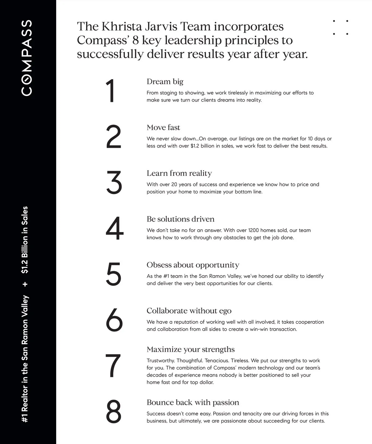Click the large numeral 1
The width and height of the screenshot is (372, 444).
pyautogui.click(x=111, y=90)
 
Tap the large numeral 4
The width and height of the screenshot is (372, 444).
pyautogui.click(x=114, y=228)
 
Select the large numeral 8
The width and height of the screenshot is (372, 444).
pyautogui.click(x=114, y=411)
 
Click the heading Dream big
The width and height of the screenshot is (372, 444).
pyautogui.click(x=165, y=81)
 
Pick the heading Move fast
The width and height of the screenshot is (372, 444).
pyautogui.click(x=163, y=127)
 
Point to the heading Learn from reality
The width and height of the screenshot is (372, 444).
pyautogui.click(x=179, y=173)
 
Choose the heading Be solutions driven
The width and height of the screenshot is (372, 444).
pyautogui.click(x=180, y=219)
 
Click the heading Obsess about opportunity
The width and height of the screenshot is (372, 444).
pyautogui.click(x=193, y=265)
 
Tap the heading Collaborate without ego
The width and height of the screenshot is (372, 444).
pyautogui.click(x=189, y=311)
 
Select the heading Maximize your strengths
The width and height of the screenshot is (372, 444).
pyautogui.click(x=190, y=349)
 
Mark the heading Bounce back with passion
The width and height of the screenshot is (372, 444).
pyautogui.click(x=193, y=402)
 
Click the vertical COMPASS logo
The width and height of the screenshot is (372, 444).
pyautogui.click(x=27, y=58)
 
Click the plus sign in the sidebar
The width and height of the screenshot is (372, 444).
pyautogui.click(x=25, y=284)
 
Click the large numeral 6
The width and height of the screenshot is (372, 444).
pyautogui.click(x=114, y=320)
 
